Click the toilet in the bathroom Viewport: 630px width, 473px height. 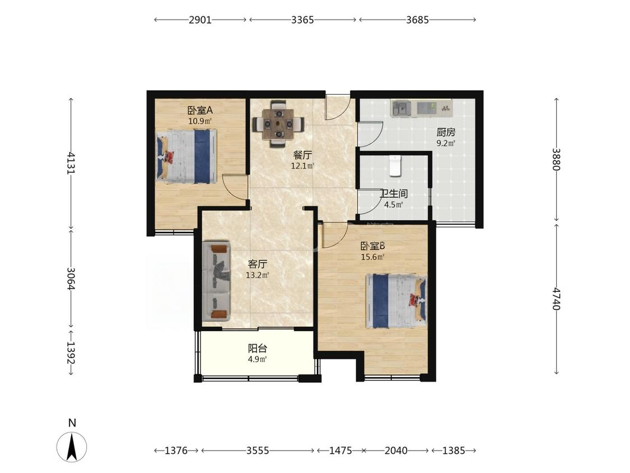(x=395, y=165)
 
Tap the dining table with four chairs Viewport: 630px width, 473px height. (x=278, y=124)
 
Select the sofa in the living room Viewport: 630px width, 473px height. (x=216, y=281)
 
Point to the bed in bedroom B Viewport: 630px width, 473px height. (x=396, y=301)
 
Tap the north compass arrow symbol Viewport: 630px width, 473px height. (x=72, y=447)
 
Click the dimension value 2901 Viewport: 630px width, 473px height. (x=200, y=20)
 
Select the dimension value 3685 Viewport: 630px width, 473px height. (x=417, y=20)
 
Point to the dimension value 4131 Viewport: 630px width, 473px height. (x=72, y=163)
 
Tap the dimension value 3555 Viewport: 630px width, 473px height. (x=258, y=451)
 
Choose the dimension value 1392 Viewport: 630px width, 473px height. (x=72, y=353)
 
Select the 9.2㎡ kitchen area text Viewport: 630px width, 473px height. (x=446, y=143)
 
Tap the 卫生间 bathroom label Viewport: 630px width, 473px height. (x=394, y=194)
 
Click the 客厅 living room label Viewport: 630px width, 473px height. (x=258, y=265)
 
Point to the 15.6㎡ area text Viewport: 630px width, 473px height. (x=373, y=257)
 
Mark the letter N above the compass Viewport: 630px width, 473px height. (x=72, y=423)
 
